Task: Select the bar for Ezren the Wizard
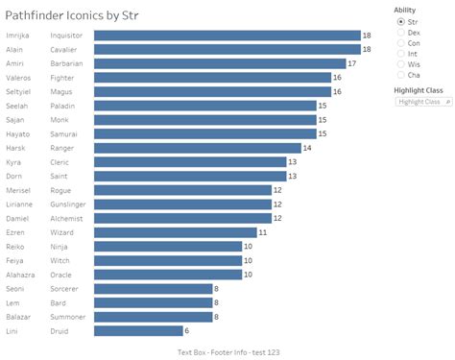175,232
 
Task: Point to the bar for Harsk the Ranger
197,148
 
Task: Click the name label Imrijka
19,36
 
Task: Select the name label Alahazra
22,275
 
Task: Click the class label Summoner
68,317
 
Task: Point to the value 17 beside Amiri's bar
352,63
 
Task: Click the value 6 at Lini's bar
188,331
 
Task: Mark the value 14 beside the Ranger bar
307,148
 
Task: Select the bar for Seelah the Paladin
204,106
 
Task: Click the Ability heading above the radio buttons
404,10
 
